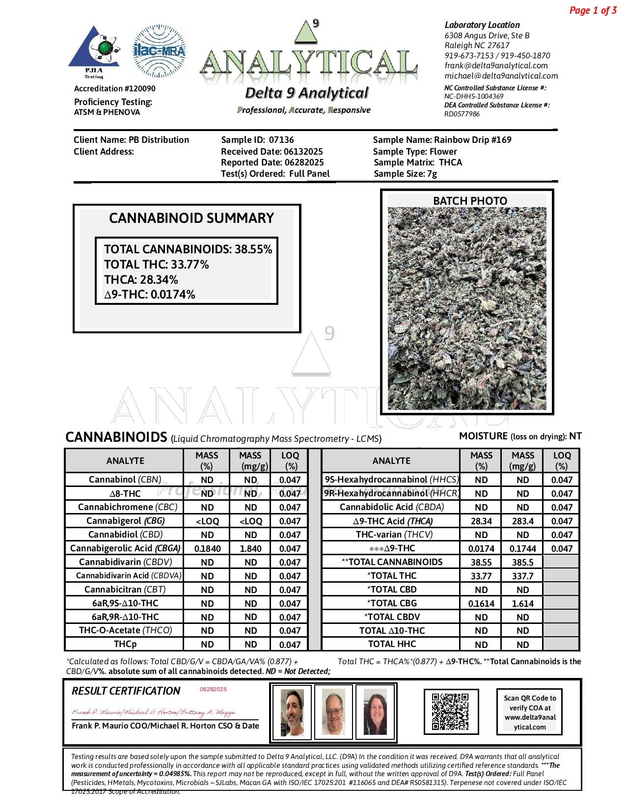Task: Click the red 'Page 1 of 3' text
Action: [593, 10]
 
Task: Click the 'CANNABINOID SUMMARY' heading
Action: [191, 218]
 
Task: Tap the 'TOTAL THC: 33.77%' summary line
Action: [157, 265]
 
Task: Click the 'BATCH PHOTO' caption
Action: [470, 201]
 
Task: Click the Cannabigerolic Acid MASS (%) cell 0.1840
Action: [207, 549]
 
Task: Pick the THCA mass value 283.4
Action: [522, 521]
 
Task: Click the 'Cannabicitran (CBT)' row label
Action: [125, 590]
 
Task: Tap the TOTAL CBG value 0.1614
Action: [481, 604]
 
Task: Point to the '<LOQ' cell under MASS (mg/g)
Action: [250, 521]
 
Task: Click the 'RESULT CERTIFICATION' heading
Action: [126, 691]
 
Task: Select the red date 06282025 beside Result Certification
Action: [213, 689]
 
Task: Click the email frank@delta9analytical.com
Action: [496, 66]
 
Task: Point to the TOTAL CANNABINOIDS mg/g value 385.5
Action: [522, 563]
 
